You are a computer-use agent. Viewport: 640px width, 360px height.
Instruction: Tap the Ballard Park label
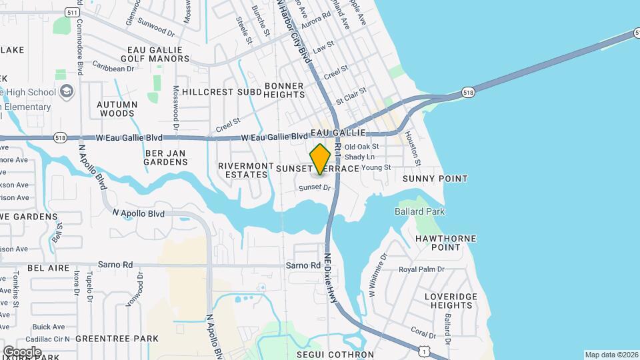[419, 211]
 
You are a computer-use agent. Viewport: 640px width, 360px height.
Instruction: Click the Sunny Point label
[435, 179]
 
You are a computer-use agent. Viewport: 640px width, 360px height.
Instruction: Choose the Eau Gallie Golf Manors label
[159, 53]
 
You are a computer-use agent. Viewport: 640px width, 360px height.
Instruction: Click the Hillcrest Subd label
[207, 91]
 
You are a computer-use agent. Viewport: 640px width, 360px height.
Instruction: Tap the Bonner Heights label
[284, 91]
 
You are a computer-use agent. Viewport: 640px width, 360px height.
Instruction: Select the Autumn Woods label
[117, 109]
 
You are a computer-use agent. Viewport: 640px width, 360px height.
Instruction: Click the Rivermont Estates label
[246, 170]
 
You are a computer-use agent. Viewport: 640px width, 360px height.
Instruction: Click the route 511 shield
[71, 12]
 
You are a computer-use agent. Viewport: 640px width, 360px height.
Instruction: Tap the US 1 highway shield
[425, 350]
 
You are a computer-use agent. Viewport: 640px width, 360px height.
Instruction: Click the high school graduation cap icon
[66, 91]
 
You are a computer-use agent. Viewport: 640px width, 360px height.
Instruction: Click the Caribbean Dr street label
[113, 68]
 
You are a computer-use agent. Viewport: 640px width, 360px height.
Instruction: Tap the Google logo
[22, 351]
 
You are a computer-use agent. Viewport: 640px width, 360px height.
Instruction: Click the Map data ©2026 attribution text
[610, 355]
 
